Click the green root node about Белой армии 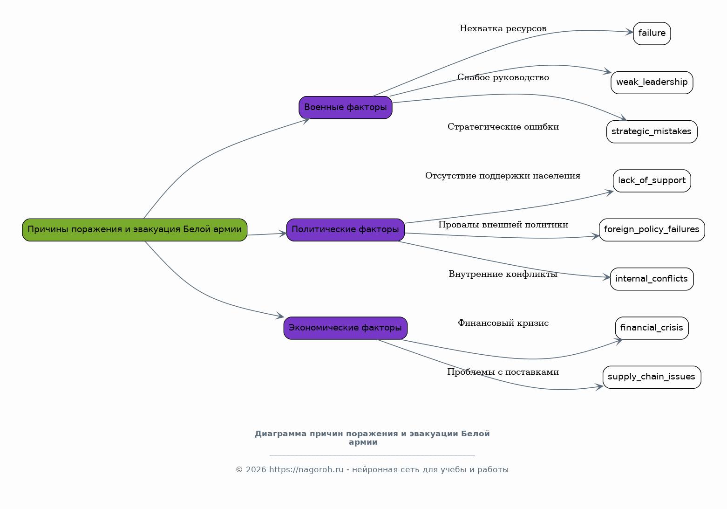135,230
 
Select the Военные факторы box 345,108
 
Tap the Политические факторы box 345,230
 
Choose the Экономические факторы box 345,328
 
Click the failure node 652,34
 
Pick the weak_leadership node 652,83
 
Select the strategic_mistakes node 652,132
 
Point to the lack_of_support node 652,181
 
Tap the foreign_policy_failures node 652,230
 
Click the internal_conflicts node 652,279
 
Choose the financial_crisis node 652,328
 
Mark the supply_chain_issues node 652,377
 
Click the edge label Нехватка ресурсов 503,28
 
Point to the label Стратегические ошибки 503,127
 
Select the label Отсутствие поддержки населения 503,176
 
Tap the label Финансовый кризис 503,323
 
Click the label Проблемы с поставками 503,372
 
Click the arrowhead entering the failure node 629,32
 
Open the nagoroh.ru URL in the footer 306,470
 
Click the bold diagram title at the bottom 372,438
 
